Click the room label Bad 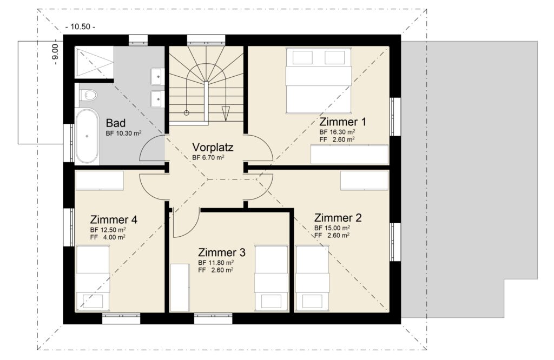coord(116,123)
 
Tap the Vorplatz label coord(213,147)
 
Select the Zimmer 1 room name coord(342,122)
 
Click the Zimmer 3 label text coord(221,252)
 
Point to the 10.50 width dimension coord(80,27)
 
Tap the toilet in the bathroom coord(88,95)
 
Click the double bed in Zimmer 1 coord(318,81)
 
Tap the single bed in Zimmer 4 coord(93,278)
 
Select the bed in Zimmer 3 coord(272,278)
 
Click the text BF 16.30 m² coord(337,132)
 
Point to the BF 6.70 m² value coord(208,157)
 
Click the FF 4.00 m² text coord(108,237)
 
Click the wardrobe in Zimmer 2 coord(365,181)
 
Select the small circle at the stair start coord(187,113)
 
